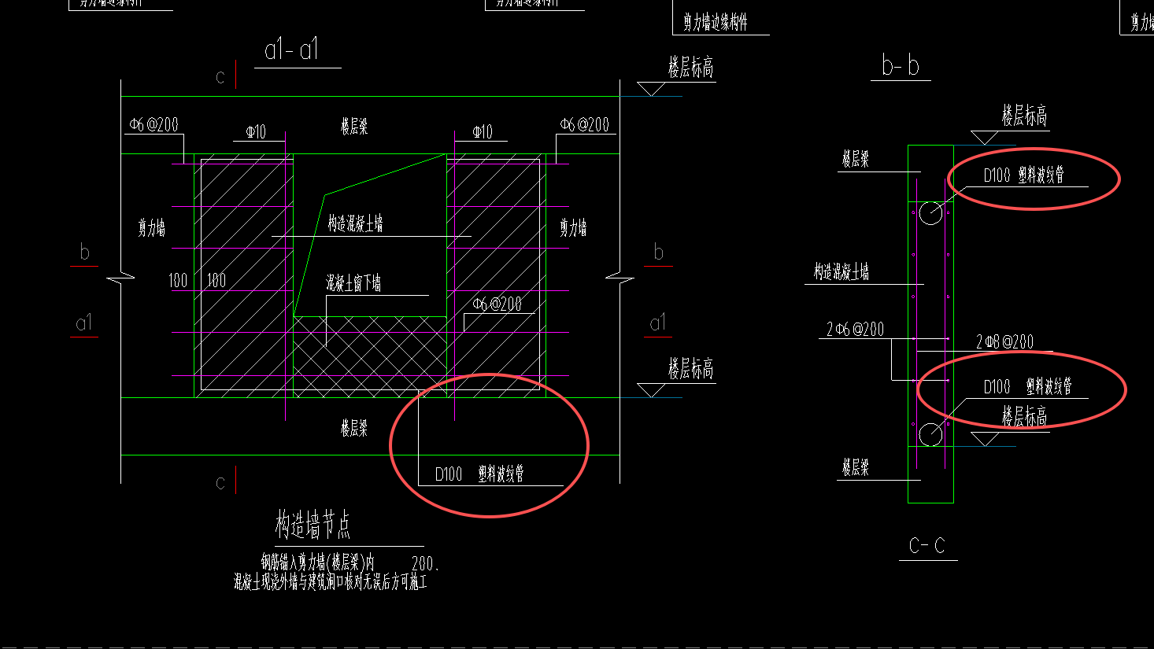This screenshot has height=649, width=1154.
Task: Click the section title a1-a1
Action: [x=292, y=50]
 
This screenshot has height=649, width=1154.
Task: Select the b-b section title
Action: [x=901, y=66]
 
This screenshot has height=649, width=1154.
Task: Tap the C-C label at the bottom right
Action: [x=927, y=546]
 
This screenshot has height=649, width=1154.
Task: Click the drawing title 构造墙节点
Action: [x=313, y=525]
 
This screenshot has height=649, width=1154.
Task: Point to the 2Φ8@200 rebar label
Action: [x=1004, y=341]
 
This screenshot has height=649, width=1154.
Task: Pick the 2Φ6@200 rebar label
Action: [x=855, y=330]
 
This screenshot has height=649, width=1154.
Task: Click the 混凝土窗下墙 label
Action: [x=353, y=283]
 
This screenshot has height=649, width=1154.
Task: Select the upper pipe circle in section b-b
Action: [x=930, y=212]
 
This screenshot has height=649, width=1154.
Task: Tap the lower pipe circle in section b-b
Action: [x=930, y=433]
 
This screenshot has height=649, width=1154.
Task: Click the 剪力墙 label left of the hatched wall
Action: [x=152, y=229]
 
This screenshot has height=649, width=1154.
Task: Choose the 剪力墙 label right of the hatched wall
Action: [x=573, y=229]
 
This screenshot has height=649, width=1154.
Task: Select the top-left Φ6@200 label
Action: [x=153, y=125]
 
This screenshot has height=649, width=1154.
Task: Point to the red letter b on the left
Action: [x=84, y=253]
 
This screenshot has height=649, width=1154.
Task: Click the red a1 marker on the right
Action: [x=657, y=323]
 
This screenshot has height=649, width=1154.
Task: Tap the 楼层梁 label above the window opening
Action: [x=354, y=127]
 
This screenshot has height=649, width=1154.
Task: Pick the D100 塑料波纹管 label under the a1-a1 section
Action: [x=479, y=474]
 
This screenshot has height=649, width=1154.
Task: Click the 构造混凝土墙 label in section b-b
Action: [x=841, y=272]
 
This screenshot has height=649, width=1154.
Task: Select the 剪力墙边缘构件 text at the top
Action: [x=715, y=23]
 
